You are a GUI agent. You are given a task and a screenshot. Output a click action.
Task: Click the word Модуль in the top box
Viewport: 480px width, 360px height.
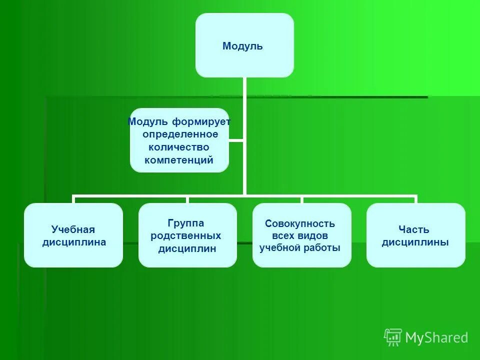pos(242,46)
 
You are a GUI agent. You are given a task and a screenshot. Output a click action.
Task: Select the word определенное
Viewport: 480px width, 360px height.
pos(180,134)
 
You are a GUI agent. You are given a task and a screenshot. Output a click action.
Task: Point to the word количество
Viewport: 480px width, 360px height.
pos(178,147)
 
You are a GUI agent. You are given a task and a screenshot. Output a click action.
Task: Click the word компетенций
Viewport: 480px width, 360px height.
pos(179,160)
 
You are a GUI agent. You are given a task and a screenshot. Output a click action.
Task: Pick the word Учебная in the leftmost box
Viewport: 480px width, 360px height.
pos(73,230)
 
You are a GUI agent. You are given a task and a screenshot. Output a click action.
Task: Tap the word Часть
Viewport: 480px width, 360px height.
pos(414,230)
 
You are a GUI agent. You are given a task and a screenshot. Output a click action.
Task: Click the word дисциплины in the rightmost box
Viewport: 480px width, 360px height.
pos(415,242)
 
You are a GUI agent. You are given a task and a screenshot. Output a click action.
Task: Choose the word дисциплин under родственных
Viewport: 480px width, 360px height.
pos(187,248)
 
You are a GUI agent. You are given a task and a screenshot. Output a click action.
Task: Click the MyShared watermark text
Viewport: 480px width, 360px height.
pos(436,338)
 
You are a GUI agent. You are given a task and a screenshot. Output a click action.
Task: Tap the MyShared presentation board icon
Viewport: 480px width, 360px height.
pos(392,337)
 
